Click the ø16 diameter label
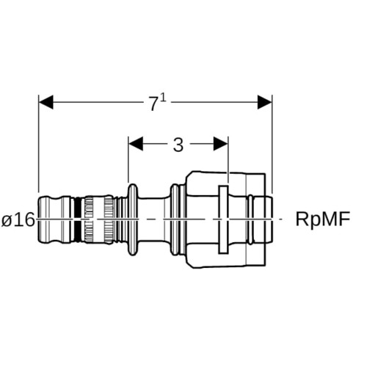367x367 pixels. coord(18,219)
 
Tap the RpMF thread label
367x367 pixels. coord(323,219)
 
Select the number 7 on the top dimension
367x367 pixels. coord(153,104)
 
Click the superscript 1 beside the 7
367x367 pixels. coord(164,98)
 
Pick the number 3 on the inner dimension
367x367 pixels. coord(178,145)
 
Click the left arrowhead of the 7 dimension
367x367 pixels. coord(46,102)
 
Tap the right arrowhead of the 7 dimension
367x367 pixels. coord(265,102)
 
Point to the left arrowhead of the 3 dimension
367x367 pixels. coord(136,144)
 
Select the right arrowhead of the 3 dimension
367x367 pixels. coord(221,144)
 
